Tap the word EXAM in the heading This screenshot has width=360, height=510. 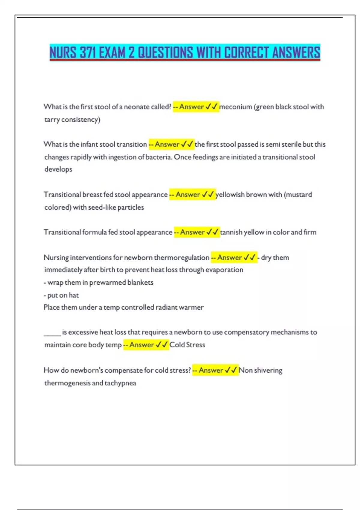point(112,52)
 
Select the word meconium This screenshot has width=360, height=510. point(235,107)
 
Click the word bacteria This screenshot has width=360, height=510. point(159,157)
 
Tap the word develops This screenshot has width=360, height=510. point(58,169)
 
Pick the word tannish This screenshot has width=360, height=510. point(231,232)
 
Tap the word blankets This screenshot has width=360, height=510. point(140,283)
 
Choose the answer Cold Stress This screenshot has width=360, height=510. point(187,345)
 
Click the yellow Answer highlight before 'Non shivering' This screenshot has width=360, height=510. point(215,370)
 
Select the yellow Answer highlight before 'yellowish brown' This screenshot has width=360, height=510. point(192,195)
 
